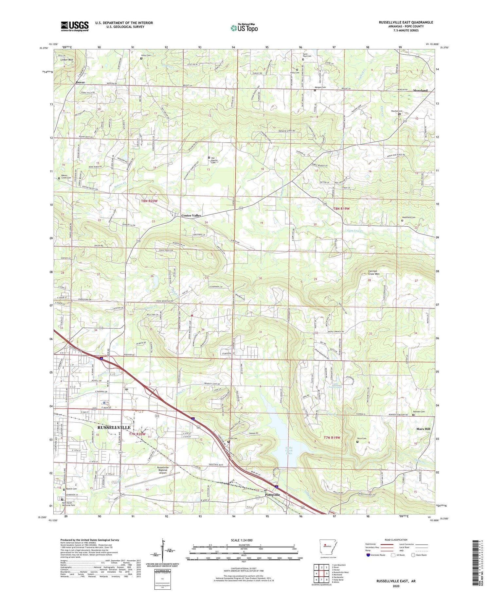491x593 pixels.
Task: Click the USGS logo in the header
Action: tap(75, 26)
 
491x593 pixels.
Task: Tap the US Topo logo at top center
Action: tap(244, 28)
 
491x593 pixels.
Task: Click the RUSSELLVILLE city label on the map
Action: tap(114, 427)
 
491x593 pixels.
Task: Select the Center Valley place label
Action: tap(191, 216)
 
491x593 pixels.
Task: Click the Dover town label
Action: tap(80, 82)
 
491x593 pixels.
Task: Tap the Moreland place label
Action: tap(420, 91)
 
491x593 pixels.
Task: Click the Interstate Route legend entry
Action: tap(377, 555)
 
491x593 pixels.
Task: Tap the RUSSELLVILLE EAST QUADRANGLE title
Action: tap(406, 22)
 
